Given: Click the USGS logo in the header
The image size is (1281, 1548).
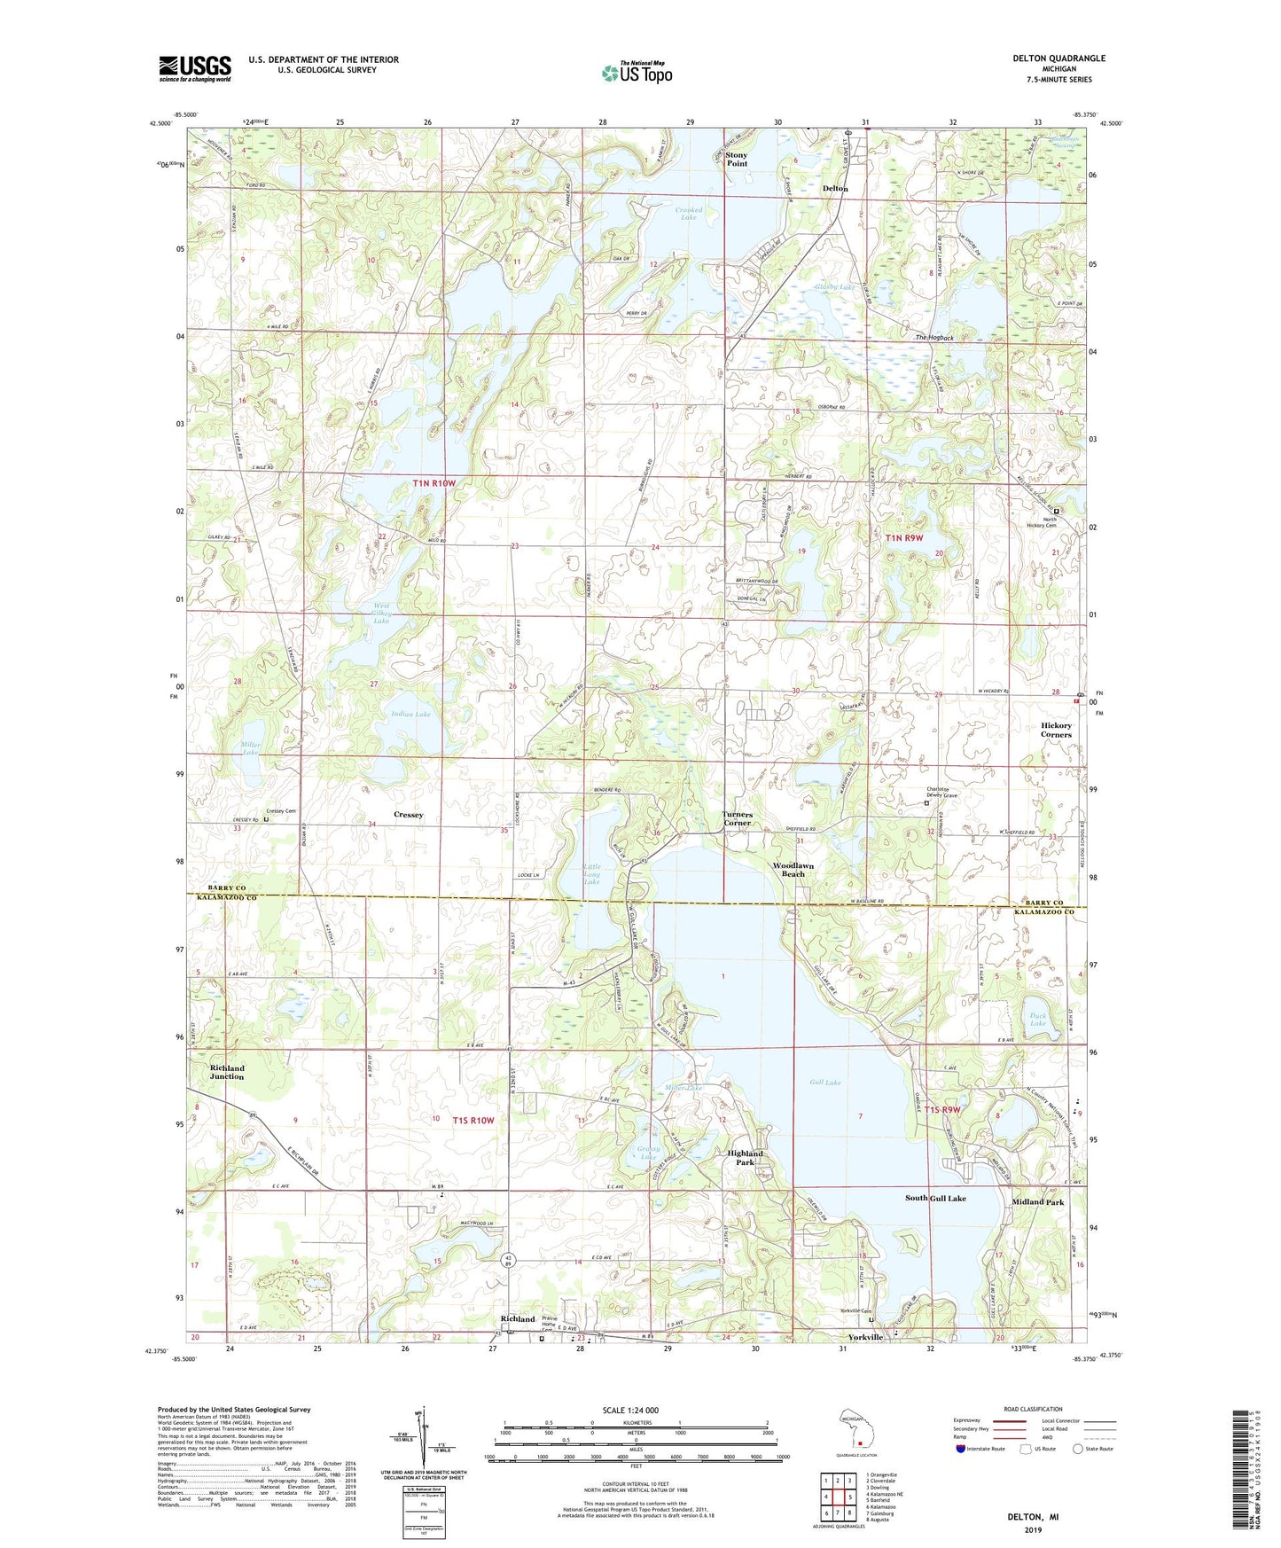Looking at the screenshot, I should tap(195, 68).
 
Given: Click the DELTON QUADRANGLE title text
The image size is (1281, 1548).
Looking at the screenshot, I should tap(1058, 59).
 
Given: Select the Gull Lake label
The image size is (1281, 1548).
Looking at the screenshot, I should tap(824, 1083).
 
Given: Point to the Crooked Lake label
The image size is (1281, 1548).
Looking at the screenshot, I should tap(689, 214).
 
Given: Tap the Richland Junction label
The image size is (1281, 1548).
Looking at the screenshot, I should tap(227, 1072).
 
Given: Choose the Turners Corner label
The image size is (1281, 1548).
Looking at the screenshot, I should tap(737, 818).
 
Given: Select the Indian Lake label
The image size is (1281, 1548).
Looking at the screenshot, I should tap(410, 714).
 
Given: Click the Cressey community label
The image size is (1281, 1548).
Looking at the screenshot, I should tap(408, 814).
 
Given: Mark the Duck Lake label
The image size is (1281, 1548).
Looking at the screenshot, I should tap(1037, 1020).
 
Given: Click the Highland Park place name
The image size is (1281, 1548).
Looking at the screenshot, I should tap(745, 1158).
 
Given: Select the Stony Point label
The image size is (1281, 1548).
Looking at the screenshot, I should tap(736, 159).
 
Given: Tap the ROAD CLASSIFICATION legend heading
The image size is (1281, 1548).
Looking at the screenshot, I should tap(1034, 1409).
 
